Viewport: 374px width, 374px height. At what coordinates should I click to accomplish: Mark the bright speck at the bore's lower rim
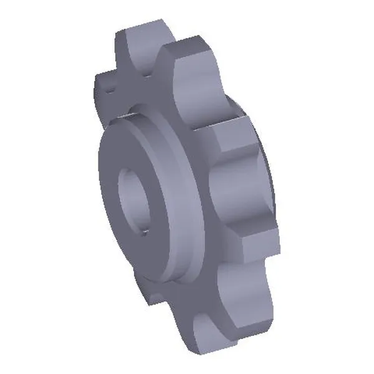[143, 233]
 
